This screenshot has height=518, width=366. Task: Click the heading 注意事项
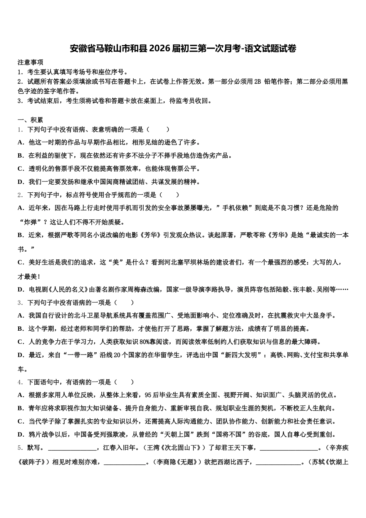[x=30, y=62]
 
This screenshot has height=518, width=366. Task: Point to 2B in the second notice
[x=257, y=81]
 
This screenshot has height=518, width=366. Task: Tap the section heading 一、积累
[x=30, y=120]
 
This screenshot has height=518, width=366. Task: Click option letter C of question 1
[x=21, y=168]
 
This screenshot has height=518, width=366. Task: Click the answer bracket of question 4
[x=124, y=382]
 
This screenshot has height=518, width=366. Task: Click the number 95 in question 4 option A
[x=148, y=395]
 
